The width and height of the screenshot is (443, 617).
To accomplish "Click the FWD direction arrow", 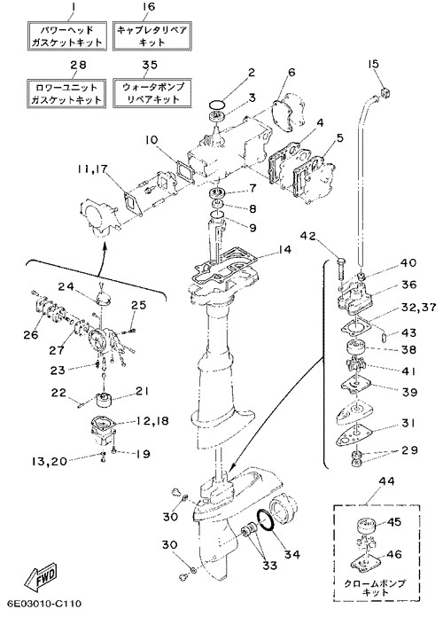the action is pyautogui.click(x=41, y=575).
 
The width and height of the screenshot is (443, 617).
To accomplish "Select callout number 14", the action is pyautogui.click(x=283, y=249).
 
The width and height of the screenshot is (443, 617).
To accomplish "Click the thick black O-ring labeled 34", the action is pyautogui.click(x=268, y=520).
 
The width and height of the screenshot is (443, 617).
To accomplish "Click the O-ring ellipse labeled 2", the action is pyautogui.click(x=217, y=105).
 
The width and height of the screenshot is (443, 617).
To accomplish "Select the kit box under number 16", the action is pyautogui.click(x=152, y=36).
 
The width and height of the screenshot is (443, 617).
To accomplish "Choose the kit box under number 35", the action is pyautogui.click(x=152, y=93).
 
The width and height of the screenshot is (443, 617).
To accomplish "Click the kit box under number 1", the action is pyautogui.click(x=67, y=36).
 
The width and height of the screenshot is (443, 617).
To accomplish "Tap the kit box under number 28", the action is pyautogui.click(x=67, y=93).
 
